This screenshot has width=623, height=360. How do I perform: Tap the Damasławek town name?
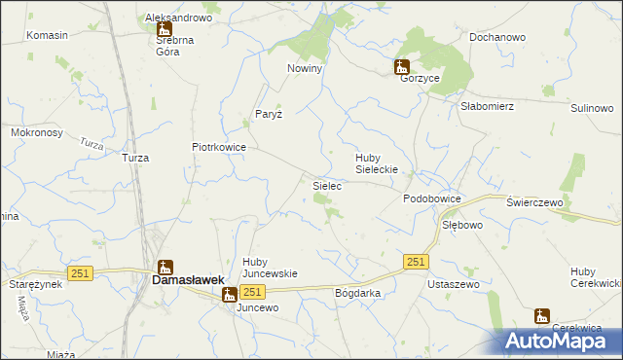coord(189,279)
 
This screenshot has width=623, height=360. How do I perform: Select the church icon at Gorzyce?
coord(401,66)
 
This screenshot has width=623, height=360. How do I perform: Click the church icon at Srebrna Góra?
coord(164,29)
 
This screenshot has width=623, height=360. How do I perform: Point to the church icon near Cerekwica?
coord(541,315)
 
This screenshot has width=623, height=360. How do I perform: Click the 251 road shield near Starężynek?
coord(80,273)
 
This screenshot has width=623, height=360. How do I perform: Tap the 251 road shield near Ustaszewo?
coord(417,262)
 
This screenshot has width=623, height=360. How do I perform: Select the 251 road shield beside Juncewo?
coord(252,293)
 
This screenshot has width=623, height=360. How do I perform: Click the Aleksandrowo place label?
coord(178,18)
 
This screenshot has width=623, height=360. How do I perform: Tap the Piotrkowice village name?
coord(218,147)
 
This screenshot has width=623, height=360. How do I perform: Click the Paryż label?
coord(269,114)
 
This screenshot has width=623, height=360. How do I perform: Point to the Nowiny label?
coord(305,69)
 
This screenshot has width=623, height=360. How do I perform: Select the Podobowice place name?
coord(431,198)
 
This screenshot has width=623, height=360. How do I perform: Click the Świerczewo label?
coord(535,201)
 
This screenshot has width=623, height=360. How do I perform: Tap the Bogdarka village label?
coord(357,293)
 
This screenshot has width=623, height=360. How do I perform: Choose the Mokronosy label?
coord(37,131)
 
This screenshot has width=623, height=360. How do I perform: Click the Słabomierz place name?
coord(487,107)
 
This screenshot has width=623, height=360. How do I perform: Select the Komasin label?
coord(47,35)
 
